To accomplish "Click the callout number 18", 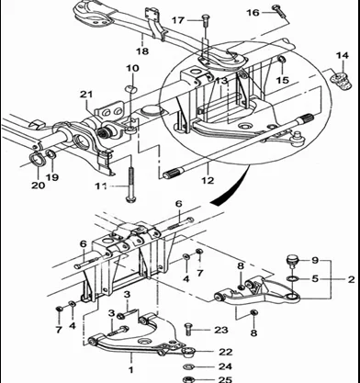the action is coord(142,51).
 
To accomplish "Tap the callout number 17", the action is coord(178,20).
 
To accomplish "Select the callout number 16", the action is coord(253,13).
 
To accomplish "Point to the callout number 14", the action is coord(343,56).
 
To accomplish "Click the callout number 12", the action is coord(208,180).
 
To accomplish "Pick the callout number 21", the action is coord(86,95).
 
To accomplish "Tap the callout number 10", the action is coord(132,68).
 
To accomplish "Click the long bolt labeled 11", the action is coord(130,185).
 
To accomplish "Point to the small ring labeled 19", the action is coord(51,154).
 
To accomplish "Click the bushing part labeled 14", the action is coord(340,80).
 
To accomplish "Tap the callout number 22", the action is coord(225,352).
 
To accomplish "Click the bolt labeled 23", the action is coord(188,330).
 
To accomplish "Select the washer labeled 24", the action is coord(188,366).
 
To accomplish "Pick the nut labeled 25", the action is coord(188,379).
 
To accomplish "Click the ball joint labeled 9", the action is coord(292,262).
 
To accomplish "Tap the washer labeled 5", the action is coord(292,279).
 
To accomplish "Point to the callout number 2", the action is coord(351,279).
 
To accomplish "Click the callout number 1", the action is coord(130,370).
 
